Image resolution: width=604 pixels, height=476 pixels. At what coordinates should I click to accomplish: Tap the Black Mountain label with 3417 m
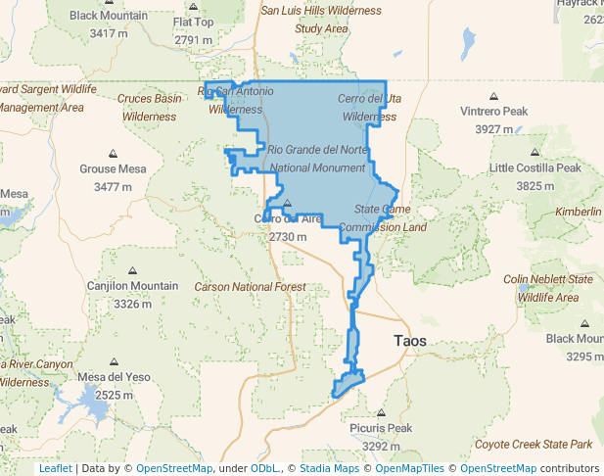click(108, 16)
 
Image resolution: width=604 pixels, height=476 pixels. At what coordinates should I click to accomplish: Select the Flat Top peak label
click(193, 23)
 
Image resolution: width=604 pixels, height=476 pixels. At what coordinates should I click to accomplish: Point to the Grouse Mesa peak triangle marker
click(113, 154)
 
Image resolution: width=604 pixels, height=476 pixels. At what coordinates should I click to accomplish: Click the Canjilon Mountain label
click(132, 286)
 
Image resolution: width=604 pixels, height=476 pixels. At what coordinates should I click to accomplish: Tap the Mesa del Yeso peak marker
click(114, 362)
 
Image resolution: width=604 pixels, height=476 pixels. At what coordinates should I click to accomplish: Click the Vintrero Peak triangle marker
click(494, 96)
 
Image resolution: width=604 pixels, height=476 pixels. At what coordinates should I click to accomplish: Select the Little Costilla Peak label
click(535, 168)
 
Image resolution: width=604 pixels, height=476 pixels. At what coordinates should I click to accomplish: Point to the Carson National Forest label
click(250, 287)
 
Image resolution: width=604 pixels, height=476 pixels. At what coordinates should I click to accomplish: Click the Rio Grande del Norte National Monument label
click(318, 159)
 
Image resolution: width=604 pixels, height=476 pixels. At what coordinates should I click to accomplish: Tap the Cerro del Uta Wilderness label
click(369, 108)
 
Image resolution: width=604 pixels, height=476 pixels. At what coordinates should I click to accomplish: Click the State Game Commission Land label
click(390, 218)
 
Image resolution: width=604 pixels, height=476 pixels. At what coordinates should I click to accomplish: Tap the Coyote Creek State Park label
click(534, 445)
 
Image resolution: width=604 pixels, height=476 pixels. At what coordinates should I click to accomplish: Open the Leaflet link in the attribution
click(55, 469)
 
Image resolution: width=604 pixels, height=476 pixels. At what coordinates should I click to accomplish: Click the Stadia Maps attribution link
click(328, 469)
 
